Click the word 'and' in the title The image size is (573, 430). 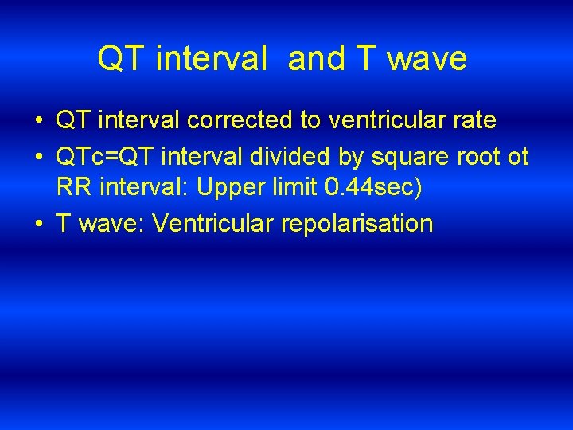click(x=317, y=59)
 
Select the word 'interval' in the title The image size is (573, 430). click(x=211, y=59)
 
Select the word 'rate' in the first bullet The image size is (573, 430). click(x=474, y=121)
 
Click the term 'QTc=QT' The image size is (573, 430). click(x=99, y=157)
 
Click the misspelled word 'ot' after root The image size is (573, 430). click(x=517, y=157)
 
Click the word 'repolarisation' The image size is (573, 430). click(x=357, y=224)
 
